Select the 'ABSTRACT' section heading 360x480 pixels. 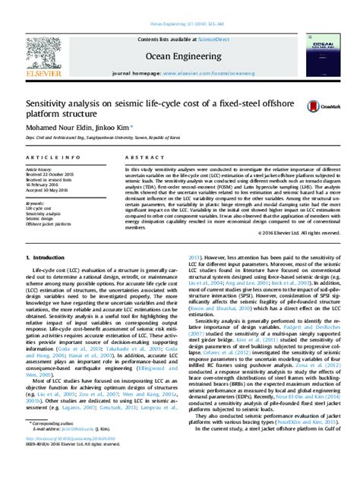coord(138,157)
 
